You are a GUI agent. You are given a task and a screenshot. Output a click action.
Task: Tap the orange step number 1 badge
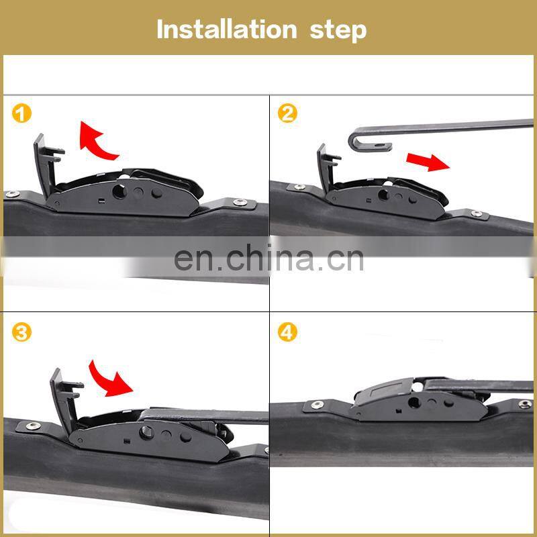point(22,113)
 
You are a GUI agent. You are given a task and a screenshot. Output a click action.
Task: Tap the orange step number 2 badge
point(287,113)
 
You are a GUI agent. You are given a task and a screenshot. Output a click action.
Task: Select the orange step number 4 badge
point(287,332)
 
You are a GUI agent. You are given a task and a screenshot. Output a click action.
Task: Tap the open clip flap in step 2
point(327,168)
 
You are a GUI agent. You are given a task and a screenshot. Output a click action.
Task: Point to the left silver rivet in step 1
point(11,195)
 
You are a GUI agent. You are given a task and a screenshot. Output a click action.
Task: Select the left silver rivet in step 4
point(315,405)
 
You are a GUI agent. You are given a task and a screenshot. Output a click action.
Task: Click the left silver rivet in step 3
point(30,426)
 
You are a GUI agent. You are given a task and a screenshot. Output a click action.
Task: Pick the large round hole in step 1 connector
point(121,191)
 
